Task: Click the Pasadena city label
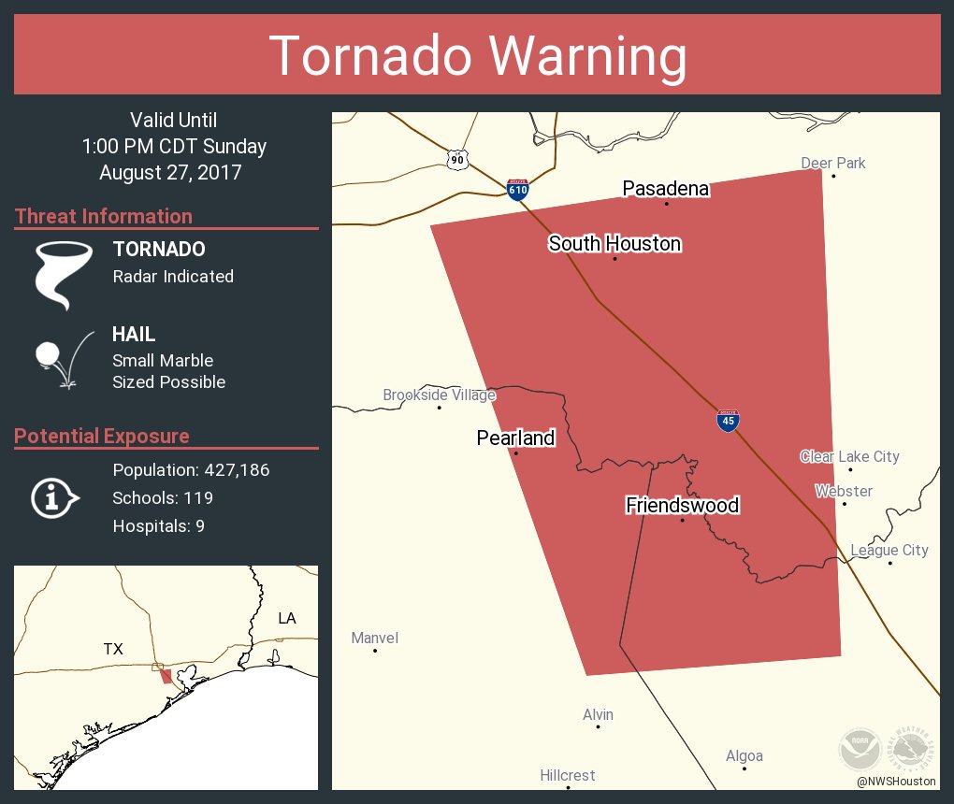pyautogui.click(x=665, y=189)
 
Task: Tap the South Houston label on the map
pyautogui.click(x=614, y=244)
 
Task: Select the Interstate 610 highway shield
pyautogui.click(x=517, y=189)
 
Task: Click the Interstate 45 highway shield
pyautogui.click(x=728, y=421)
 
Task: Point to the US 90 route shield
pyautogui.click(x=456, y=160)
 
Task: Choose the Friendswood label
pyautogui.click(x=682, y=506)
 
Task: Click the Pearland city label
pyautogui.click(x=515, y=438)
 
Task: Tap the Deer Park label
pyautogui.click(x=833, y=164)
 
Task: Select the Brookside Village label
pyautogui.click(x=439, y=395)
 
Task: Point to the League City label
pyautogui.click(x=889, y=550)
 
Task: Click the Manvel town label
pyautogui.click(x=374, y=639)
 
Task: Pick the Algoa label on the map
pyautogui.click(x=744, y=756)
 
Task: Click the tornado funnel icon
pyautogui.click(x=63, y=274)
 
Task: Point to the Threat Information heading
pyautogui.click(x=104, y=217)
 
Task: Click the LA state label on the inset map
pyautogui.click(x=286, y=618)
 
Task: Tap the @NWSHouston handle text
pyautogui.click(x=896, y=781)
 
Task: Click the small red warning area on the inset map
pyautogui.click(x=166, y=676)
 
